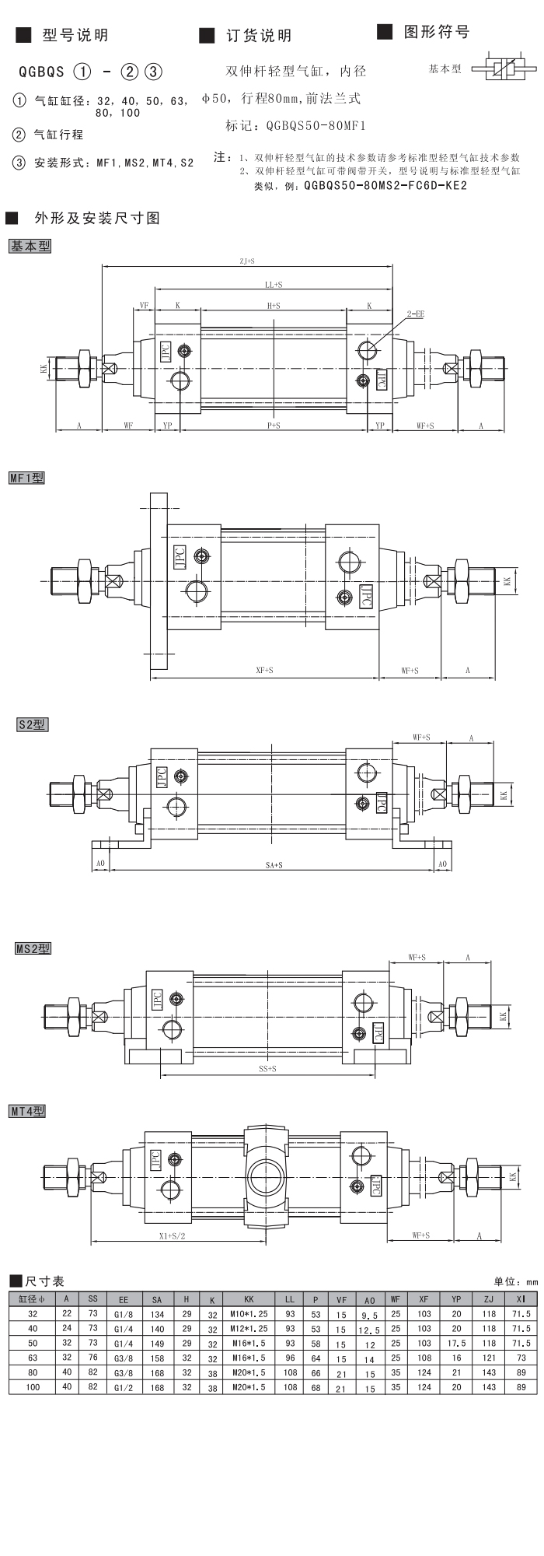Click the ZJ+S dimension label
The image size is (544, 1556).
(x=247, y=261)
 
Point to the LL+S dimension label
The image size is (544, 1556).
(x=273, y=285)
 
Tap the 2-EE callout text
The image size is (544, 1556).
(x=415, y=314)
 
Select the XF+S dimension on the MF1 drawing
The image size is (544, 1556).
(x=264, y=670)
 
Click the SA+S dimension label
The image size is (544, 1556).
(x=274, y=864)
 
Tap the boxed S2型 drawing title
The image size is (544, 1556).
(x=33, y=724)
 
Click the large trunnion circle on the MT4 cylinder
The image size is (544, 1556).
(x=267, y=1172)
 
